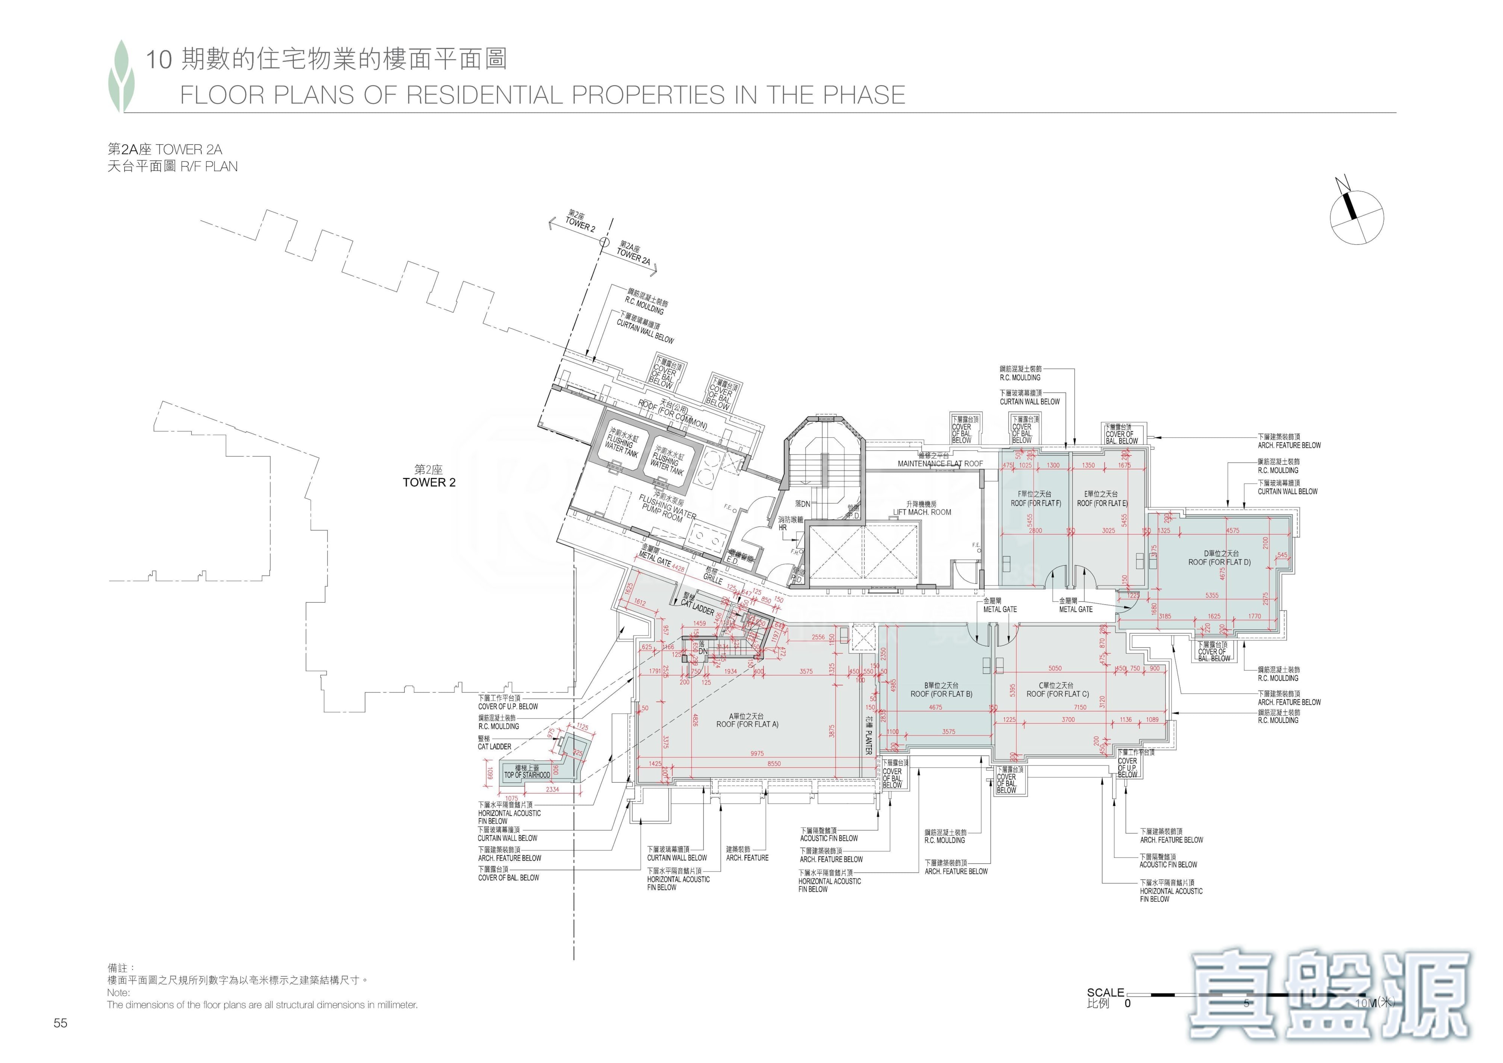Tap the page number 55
[60, 1023]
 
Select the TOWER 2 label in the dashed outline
[429, 483]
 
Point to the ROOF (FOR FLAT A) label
[747, 724]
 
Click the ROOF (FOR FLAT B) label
[941, 694]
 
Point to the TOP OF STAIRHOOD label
[527, 775]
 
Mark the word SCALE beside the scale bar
[1105, 992]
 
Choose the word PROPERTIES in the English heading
[648, 95]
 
